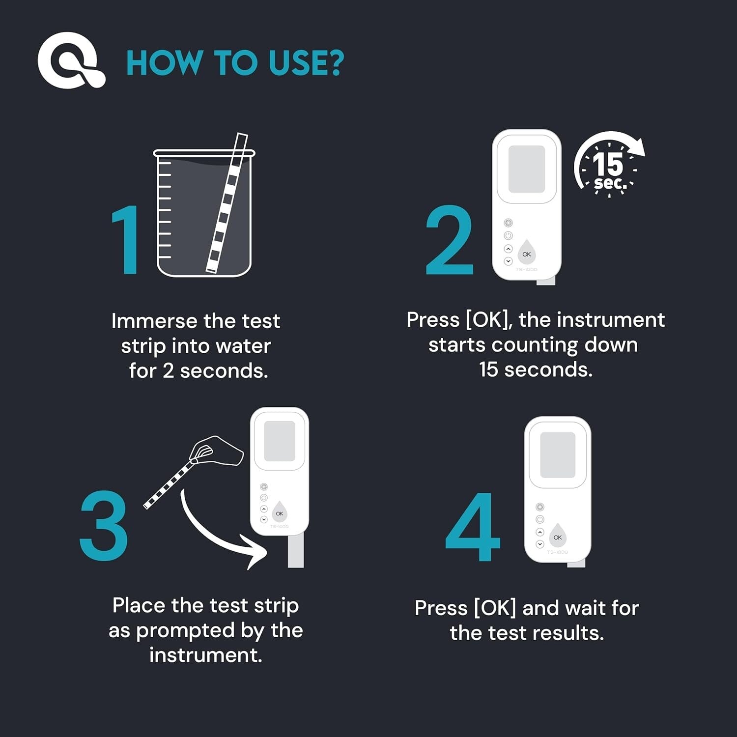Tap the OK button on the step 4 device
click(x=557, y=536)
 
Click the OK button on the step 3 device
click(x=279, y=512)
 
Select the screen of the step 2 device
click(x=526, y=170)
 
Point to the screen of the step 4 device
click(x=557, y=455)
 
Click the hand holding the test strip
click(x=216, y=450)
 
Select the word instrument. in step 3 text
click(x=205, y=655)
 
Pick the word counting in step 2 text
click(x=535, y=345)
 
